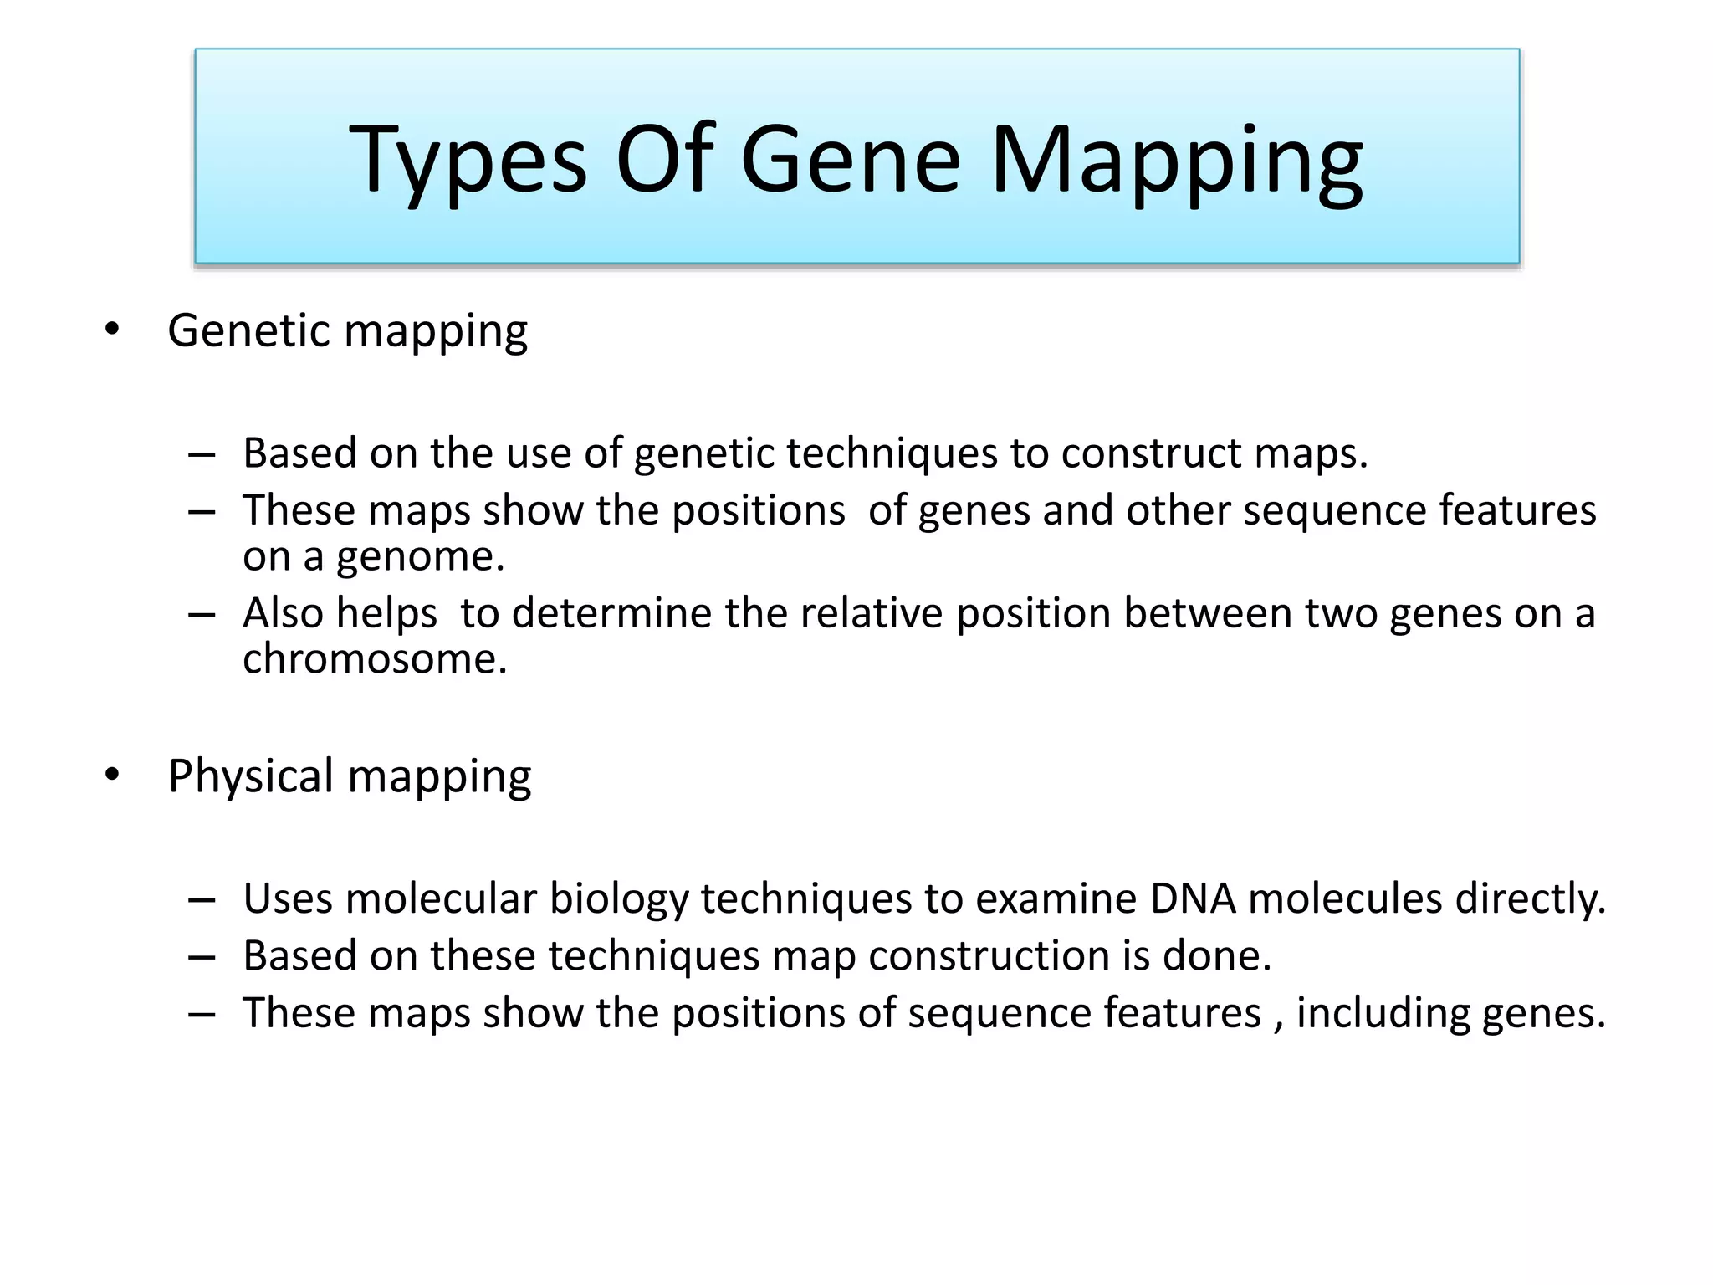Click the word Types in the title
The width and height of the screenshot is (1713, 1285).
(x=468, y=161)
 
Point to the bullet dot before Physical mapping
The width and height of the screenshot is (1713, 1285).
(x=112, y=776)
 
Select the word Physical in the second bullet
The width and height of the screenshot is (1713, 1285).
(x=251, y=776)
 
